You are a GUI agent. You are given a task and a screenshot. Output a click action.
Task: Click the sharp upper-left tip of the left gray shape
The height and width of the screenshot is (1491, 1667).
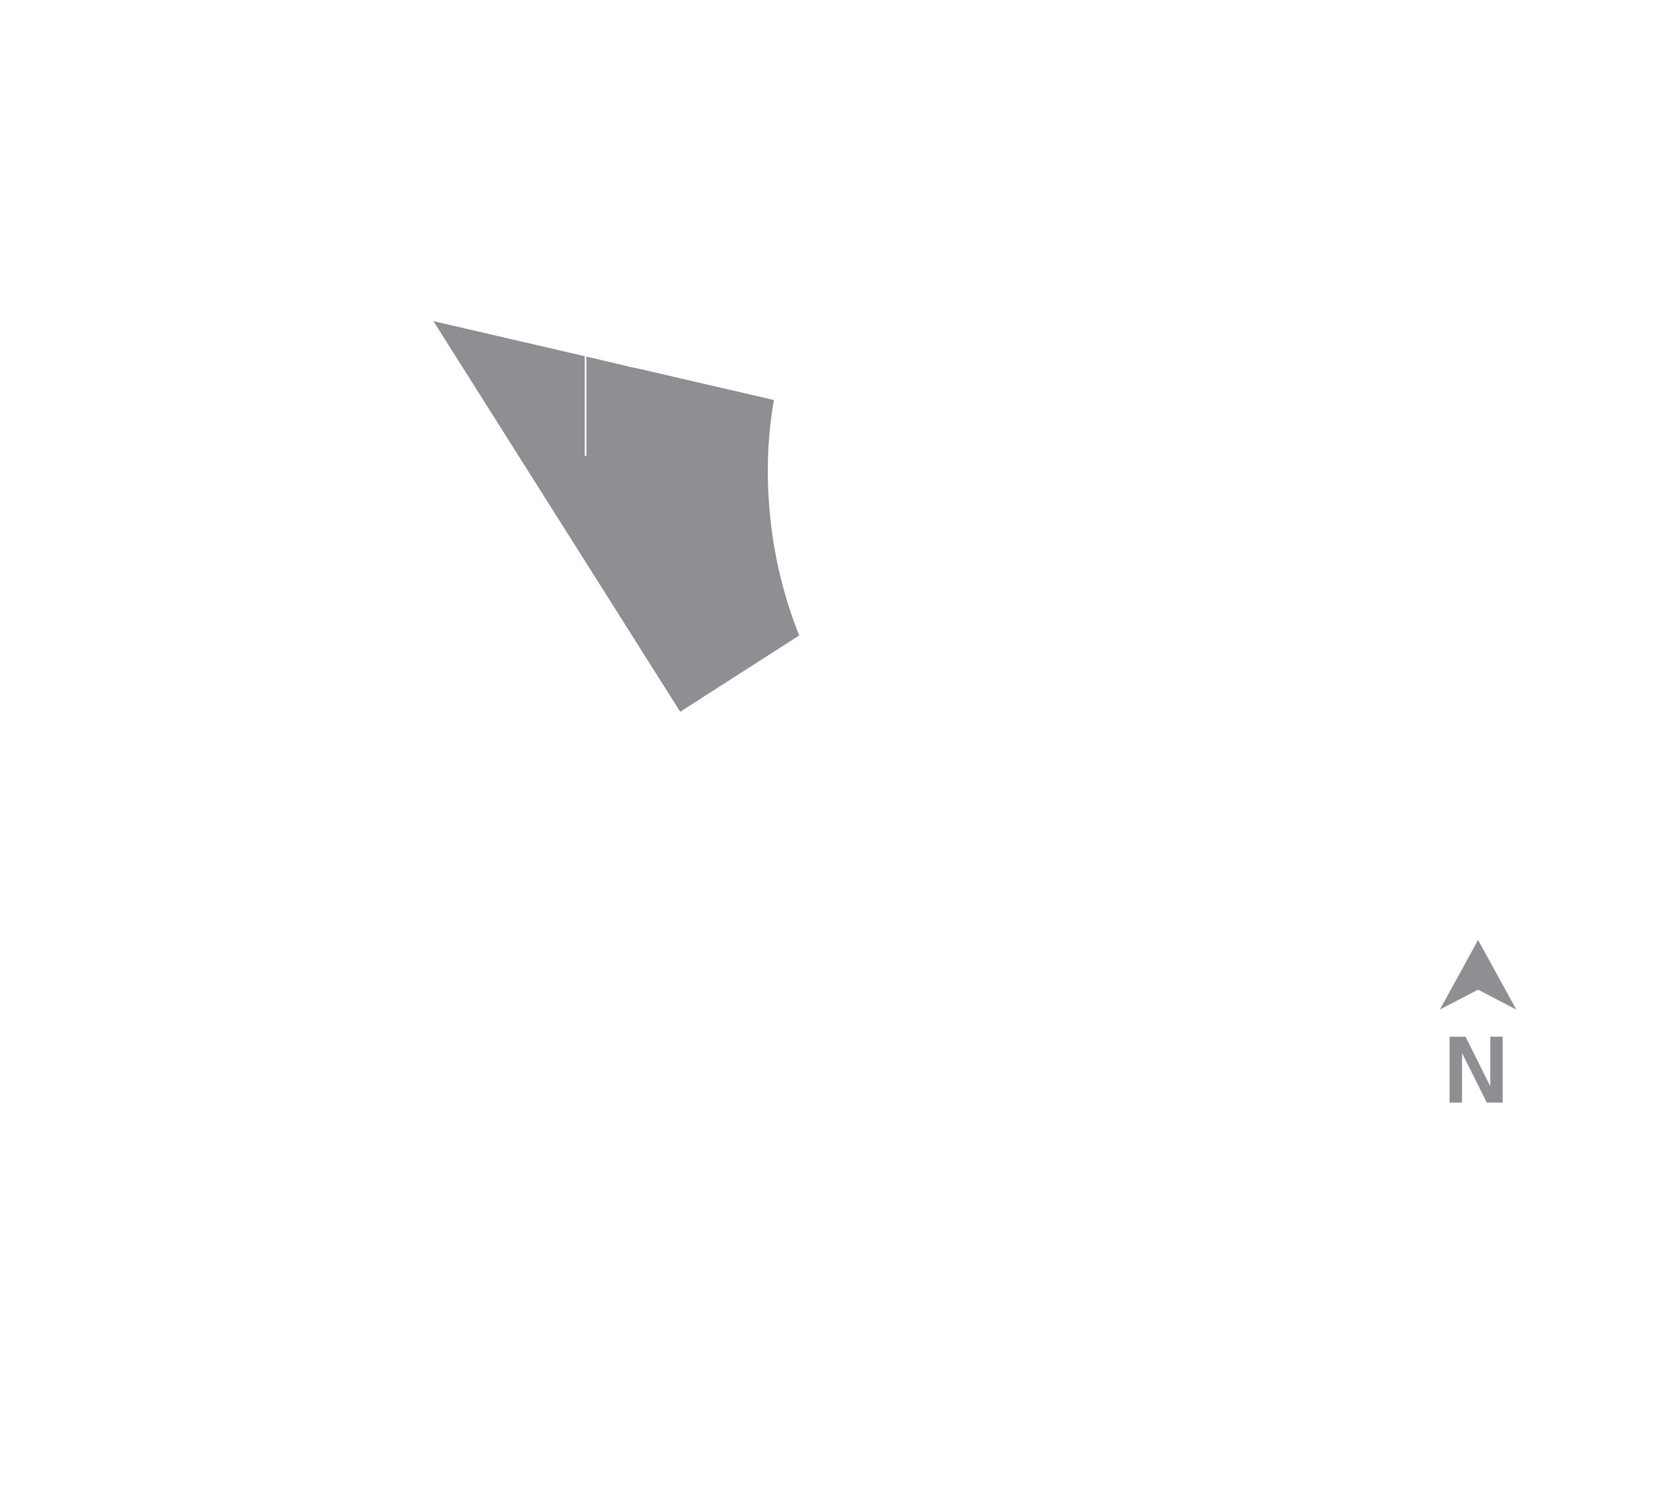434,322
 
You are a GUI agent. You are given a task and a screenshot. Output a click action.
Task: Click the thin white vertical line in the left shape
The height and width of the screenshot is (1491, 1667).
585,406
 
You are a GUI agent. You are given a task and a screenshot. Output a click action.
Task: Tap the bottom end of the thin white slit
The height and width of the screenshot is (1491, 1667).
585,455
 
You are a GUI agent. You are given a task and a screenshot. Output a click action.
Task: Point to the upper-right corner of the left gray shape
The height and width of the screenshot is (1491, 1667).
773,401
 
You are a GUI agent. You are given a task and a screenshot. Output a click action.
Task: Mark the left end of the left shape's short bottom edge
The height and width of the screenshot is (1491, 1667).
681,711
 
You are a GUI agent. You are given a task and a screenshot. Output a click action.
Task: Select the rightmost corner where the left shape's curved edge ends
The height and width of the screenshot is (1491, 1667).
798,635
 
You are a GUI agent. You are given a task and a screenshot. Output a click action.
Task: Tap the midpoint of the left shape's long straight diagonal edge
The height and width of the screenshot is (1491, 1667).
557,516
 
